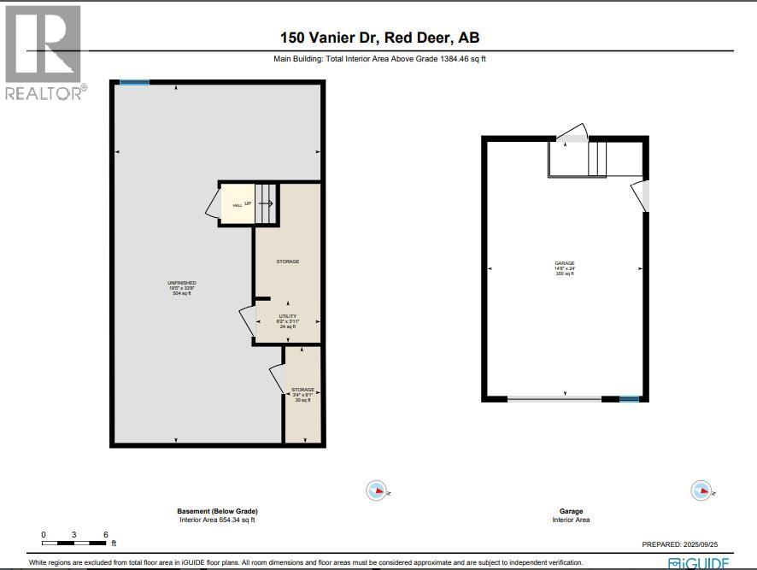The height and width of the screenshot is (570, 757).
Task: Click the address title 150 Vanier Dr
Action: tap(385, 38)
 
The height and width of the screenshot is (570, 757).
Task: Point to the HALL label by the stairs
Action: tap(238, 205)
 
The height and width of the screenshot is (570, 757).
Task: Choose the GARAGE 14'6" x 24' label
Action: tap(564, 268)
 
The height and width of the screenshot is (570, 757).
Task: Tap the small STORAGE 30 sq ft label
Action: tap(302, 394)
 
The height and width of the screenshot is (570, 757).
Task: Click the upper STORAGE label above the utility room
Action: tap(287, 261)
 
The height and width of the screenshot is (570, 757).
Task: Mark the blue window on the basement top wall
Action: tap(134, 83)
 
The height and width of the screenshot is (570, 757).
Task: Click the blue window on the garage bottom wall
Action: tap(629, 399)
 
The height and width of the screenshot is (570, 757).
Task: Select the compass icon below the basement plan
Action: tap(377, 491)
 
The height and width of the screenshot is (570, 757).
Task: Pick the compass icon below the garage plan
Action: tap(701, 491)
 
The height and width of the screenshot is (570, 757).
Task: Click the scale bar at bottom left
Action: tap(75, 543)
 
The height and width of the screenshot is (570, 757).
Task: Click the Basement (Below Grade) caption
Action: tap(217, 511)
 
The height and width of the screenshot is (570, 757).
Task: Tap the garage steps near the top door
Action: tap(596, 158)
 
